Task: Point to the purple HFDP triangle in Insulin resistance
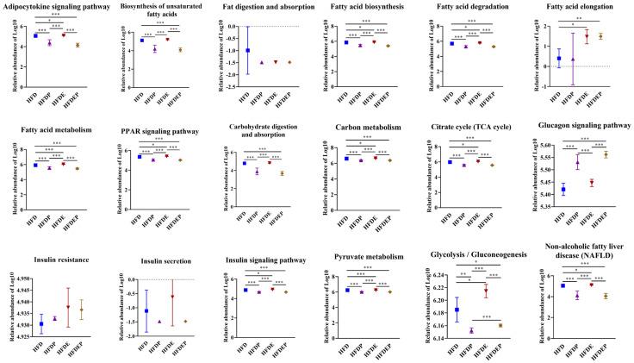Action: click(55, 318)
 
